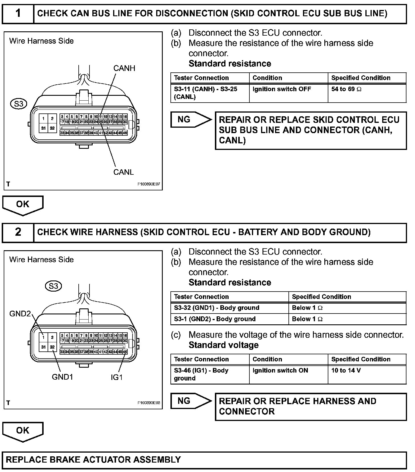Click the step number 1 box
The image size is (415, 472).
(18, 13)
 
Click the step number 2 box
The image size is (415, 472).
(18, 232)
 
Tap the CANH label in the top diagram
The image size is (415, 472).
(124, 68)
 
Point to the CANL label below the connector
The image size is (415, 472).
(123, 172)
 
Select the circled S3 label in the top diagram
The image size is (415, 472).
(19, 104)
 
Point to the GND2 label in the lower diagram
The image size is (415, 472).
(20, 314)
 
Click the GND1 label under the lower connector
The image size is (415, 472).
(62, 377)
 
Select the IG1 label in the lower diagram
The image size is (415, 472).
(117, 377)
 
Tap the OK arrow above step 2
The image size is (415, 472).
(23, 205)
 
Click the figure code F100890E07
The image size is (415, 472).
(149, 184)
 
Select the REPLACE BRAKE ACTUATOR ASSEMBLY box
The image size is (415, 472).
(204, 460)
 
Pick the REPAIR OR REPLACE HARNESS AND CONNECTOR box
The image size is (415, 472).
(310, 406)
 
